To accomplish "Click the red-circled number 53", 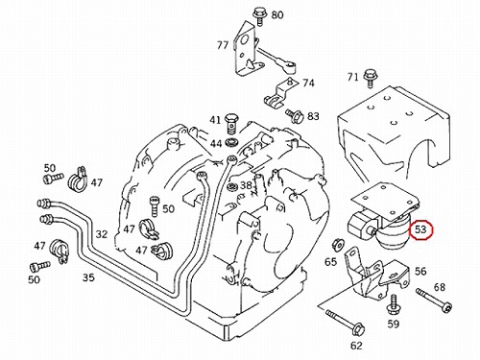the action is coord(420,229).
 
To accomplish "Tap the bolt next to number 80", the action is coord(258,16).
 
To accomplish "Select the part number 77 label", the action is coord(223,45).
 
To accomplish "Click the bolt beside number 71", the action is coord(370,79).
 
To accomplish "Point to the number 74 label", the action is coord(308,84).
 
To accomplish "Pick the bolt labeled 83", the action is coord(295,115).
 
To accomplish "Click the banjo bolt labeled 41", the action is coord(230,124).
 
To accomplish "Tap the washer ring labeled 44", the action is coord(230,142).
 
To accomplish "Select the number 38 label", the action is coord(246,185).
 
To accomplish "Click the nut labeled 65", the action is coord(337,245).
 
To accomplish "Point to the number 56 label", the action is coord(420,272).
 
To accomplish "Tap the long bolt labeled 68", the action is coord(434,300).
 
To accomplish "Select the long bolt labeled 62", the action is coord(345,323).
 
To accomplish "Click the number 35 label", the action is coord(88,277).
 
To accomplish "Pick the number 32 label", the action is coord(102,234).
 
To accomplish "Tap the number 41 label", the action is coord(215,120).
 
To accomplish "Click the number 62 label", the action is coord(356,346).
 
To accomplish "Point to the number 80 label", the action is coord(277,15).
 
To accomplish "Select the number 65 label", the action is coord(330,262).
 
